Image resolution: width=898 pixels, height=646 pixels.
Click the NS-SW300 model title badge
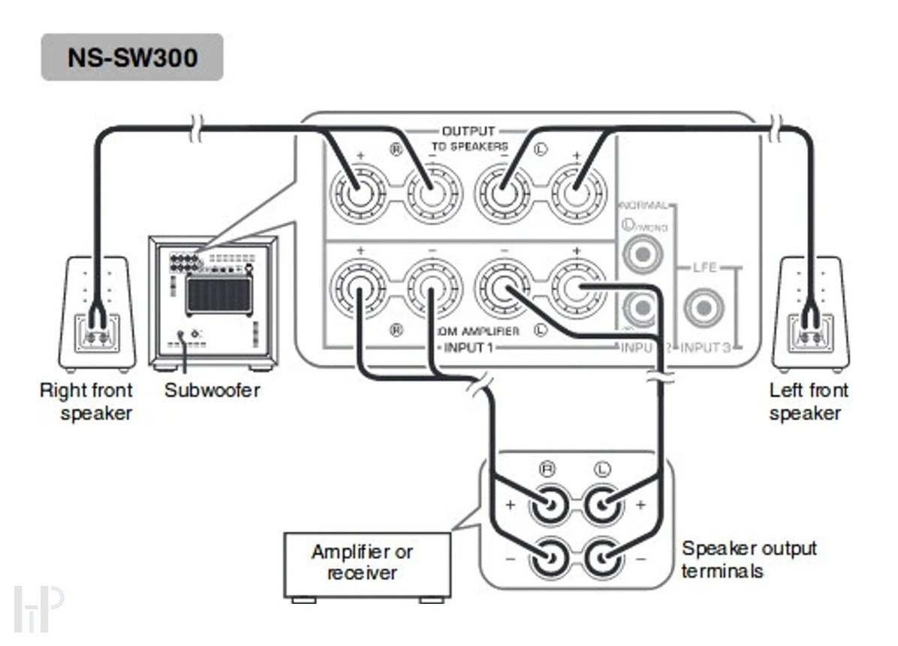(132, 57)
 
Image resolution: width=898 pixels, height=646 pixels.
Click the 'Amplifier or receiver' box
(366, 563)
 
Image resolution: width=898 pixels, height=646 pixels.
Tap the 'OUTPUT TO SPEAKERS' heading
(469, 139)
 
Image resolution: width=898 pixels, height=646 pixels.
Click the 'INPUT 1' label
(469, 348)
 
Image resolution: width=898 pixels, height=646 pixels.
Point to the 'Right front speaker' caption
(86, 402)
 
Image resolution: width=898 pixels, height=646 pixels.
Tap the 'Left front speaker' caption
(808, 402)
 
